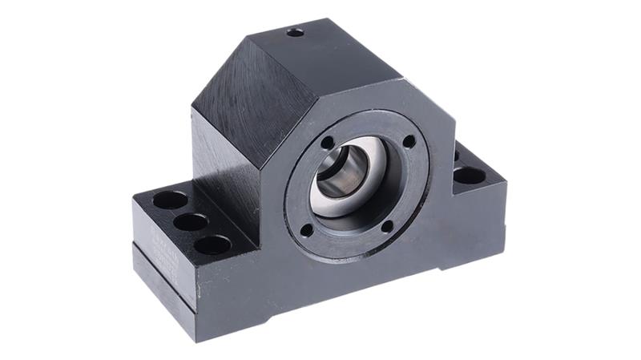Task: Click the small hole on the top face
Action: coord(296,32)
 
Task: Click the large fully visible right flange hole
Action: coord(469,175)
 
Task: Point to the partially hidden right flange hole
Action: coord(457,155)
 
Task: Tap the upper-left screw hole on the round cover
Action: coord(327,143)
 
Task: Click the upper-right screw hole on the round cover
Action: coord(409,141)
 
